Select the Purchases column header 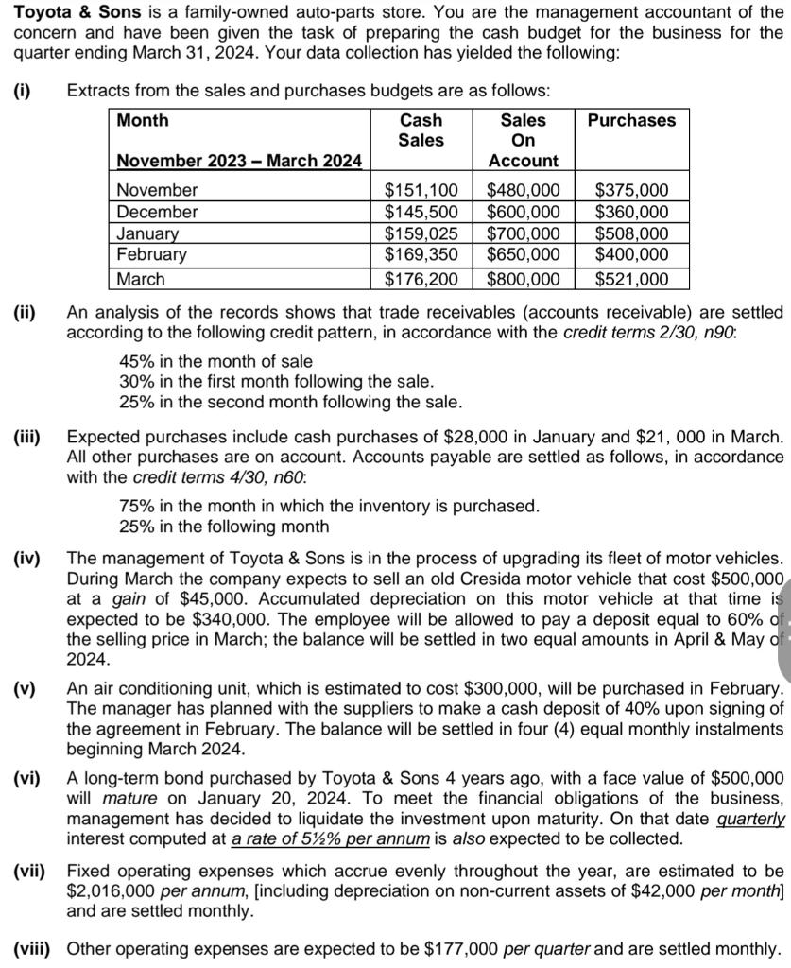pos(631,120)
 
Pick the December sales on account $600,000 pos(523,212)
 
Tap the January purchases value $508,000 pos(632,233)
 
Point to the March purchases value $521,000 pos(632,279)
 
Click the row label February pos(151,254)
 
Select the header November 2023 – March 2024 pos(238,161)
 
